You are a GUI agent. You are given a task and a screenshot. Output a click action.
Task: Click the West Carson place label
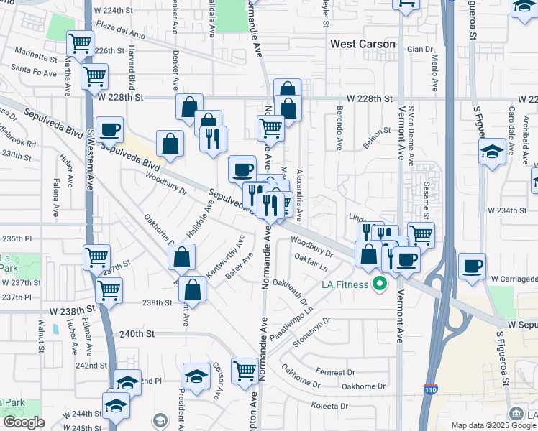pyautogui.click(x=363, y=44)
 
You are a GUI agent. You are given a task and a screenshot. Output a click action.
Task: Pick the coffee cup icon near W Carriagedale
pyautogui.click(x=472, y=265)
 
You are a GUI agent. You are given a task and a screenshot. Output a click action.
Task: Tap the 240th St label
pyautogui.click(x=137, y=334)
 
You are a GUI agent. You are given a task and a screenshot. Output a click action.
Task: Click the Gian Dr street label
pyautogui.click(x=419, y=49)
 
